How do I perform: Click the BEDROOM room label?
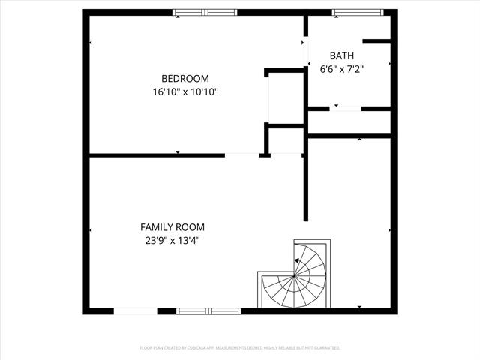[x=185, y=78]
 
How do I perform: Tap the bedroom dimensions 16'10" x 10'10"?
[x=185, y=91]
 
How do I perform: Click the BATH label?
[x=342, y=55]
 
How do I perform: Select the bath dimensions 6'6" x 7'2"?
[x=342, y=69]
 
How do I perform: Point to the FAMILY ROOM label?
[x=172, y=226]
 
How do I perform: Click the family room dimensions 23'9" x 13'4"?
[x=172, y=241]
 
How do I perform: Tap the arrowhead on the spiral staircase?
[x=297, y=260]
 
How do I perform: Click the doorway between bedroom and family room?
[x=241, y=155]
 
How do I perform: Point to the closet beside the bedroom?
[x=285, y=98]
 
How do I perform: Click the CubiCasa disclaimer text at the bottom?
[x=240, y=348]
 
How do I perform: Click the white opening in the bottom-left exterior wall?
[x=135, y=310]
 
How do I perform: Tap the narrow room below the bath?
[x=349, y=122]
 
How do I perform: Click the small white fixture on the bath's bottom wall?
[x=346, y=109]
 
